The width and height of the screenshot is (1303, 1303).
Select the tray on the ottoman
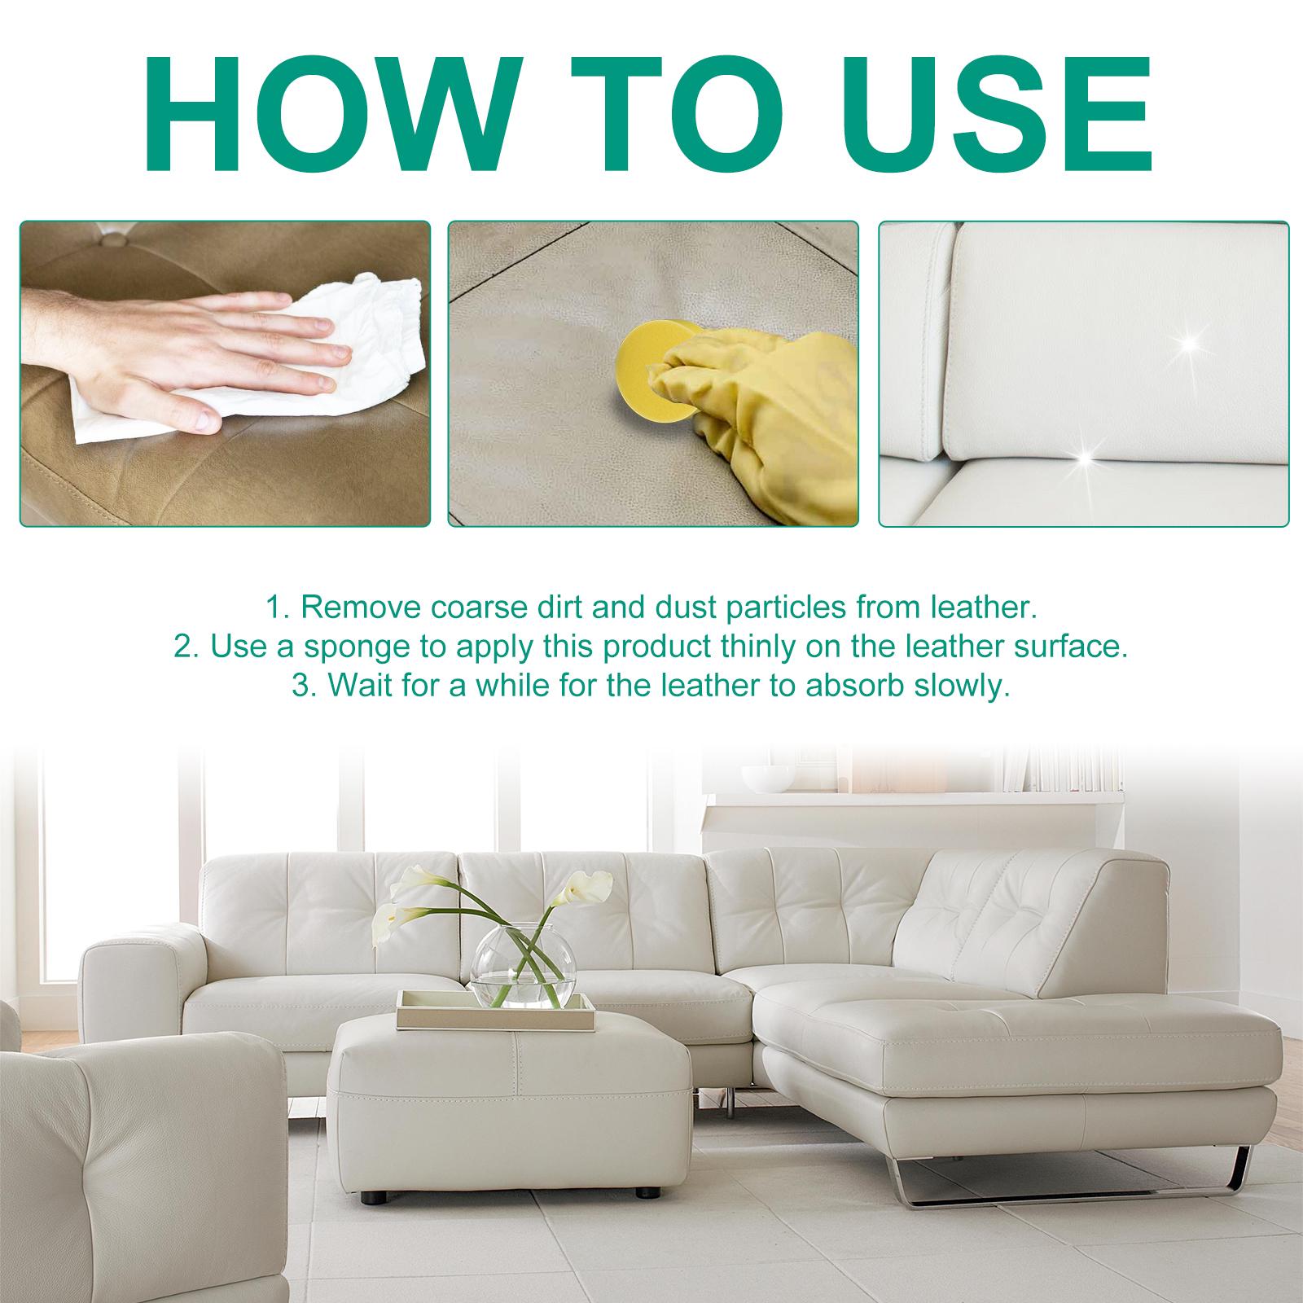pyautogui.click(x=495, y=1011)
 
